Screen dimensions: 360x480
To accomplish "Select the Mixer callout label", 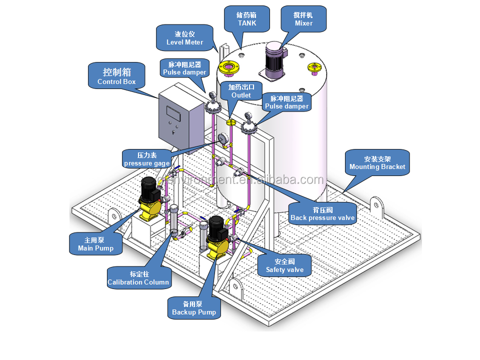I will click(x=303, y=19).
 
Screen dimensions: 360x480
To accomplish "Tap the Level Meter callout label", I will click(x=185, y=38).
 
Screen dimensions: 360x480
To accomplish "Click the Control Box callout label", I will click(x=116, y=75).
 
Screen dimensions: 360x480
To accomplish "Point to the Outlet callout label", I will click(x=241, y=91).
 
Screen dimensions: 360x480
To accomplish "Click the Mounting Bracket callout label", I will click(x=377, y=163).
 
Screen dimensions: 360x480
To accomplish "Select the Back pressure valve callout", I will click(x=322, y=213).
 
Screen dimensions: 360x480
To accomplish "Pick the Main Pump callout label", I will click(x=95, y=244).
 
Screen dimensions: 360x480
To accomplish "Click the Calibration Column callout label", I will click(x=138, y=278).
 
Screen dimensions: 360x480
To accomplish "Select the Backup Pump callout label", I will click(x=194, y=308).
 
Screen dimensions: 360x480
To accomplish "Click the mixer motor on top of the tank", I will click(x=274, y=60).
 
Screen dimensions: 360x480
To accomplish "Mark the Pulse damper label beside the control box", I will click(x=184, y=68).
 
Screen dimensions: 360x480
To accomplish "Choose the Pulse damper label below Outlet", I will click(x=286, y=102).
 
